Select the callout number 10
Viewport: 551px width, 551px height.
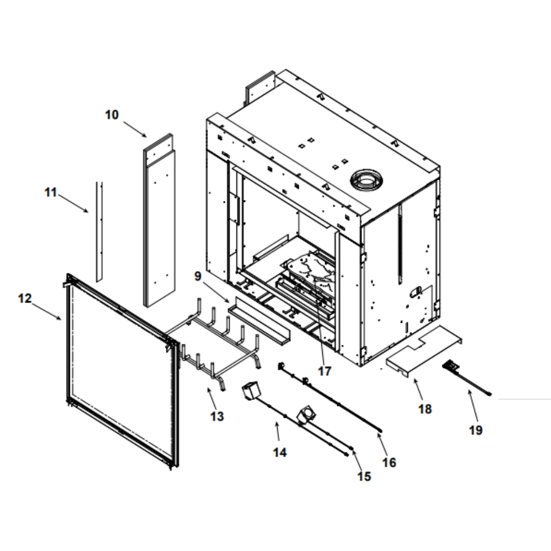[x=112, y=115]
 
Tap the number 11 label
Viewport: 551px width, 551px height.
[x=51, y=192]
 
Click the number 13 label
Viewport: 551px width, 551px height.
[x=217, y=416]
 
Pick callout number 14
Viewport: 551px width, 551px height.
[x=280, y=452]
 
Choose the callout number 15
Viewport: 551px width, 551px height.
[x=364, y=476]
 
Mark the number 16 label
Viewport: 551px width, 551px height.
[x=389, y=462]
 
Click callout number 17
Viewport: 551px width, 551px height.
[x=325, y=371]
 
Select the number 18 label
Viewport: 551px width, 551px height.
[x=425, y=409]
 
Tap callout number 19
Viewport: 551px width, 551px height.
[x=476, y=430]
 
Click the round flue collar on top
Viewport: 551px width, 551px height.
[x=364, y=179]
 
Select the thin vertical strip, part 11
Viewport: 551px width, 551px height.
[x=99, y=231]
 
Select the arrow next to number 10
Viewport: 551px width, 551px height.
[x=135, y=129]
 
